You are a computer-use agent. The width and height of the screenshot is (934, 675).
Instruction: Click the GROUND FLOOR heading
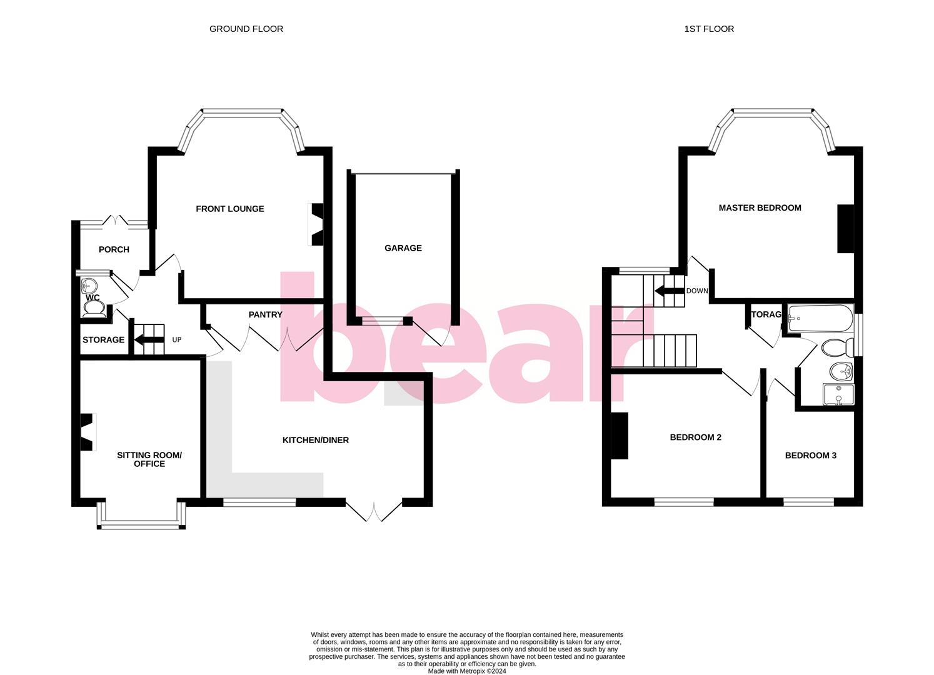tap(246, 29)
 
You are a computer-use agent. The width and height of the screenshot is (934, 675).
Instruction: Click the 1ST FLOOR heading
tap(709, 29)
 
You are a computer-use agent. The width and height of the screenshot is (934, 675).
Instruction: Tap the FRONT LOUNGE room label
tap(230, 209)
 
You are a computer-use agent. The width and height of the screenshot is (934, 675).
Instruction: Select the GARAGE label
tap(403, 248)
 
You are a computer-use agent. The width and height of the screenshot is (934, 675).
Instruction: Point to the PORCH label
tap(114, 249)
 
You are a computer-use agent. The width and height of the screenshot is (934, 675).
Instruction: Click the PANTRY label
tap(265, 314)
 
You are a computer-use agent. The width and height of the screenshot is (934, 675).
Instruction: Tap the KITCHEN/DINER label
tap(316, 440)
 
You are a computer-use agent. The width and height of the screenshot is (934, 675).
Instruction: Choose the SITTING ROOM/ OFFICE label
tap(149, 459)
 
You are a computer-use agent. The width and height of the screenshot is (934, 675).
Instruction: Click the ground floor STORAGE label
tap(103, 340)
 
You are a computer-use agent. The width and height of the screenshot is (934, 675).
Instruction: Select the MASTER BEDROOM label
tap(760, 207)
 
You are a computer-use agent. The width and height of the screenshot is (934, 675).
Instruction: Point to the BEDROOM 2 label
tap(695, 437)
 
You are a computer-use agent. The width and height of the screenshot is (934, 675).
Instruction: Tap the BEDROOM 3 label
tap(810, 456)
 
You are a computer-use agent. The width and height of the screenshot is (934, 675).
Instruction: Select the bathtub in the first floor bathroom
tap(820, 318)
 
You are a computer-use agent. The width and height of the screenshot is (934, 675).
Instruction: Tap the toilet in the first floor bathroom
tap(836, 347)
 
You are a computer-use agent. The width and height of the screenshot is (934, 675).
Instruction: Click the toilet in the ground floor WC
tap(94, 309)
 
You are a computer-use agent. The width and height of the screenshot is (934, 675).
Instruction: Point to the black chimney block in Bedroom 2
tap(620, 436)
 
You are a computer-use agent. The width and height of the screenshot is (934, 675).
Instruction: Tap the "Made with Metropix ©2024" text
tap(466, 671)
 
